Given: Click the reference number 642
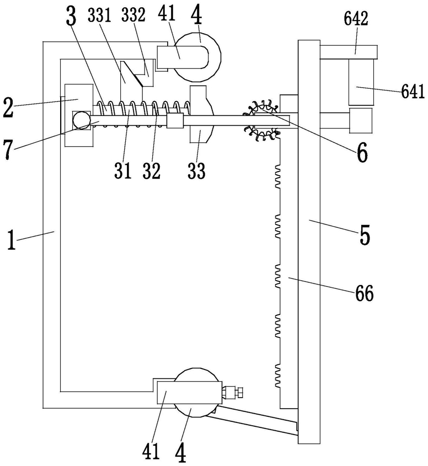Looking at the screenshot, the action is (x=356, y=18).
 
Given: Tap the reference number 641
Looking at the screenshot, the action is (x=413, y=92).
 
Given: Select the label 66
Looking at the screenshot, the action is (x=364, y=293).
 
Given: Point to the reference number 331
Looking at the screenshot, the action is (x=99, y=15).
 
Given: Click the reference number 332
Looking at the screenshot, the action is (x=133, y=15).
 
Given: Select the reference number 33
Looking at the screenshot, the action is (x=196, y=170).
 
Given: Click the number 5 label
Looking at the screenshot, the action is (x=365, y=235).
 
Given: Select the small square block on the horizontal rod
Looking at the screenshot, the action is (x=175, y=120).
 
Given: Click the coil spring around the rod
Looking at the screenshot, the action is (x=142, y=114).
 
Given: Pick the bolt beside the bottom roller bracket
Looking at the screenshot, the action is (x=234, y=392).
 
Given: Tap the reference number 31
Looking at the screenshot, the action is (x=122, y=170).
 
